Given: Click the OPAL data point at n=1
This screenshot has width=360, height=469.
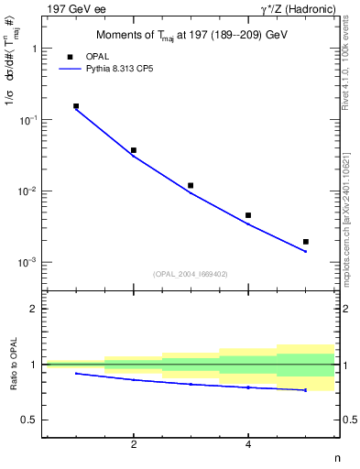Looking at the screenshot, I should point(76,106).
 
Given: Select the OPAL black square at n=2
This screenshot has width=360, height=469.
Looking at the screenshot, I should point(134,150).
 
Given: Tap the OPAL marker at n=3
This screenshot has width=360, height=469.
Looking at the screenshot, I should point(191,185).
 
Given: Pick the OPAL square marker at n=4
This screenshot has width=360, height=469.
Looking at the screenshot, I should point(248,215).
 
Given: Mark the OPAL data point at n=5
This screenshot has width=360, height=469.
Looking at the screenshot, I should point(306,242).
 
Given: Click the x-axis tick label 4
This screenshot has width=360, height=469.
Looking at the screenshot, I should point(248,445).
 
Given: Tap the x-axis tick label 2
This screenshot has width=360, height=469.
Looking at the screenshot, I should point(134,445).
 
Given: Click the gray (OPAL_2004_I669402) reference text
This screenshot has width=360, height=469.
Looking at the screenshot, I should point(191,273).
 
